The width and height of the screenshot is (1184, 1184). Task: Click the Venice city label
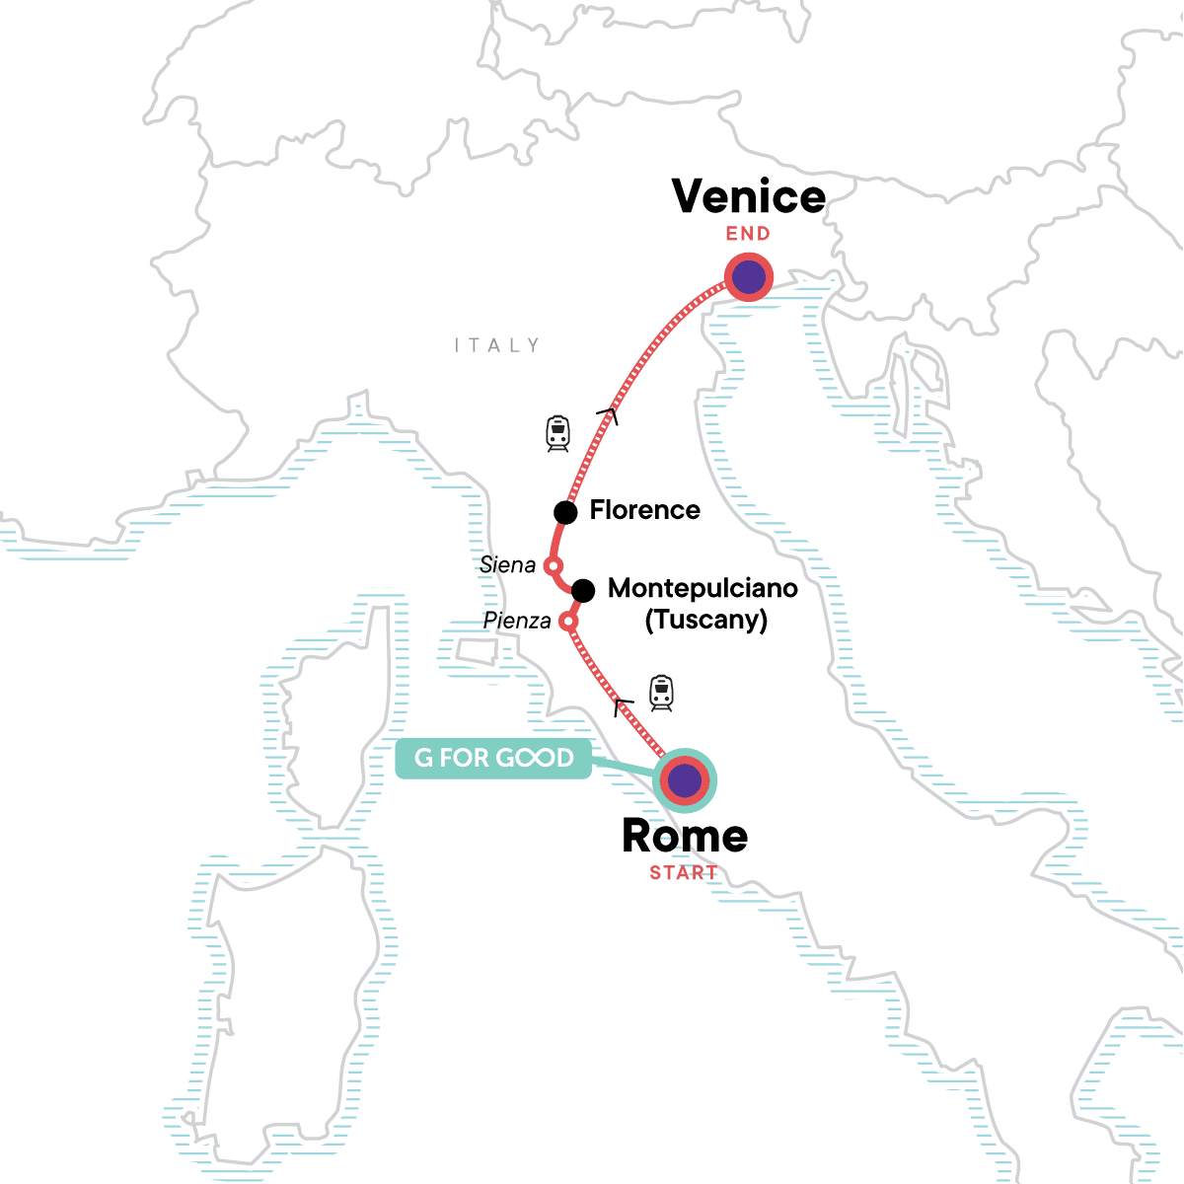tap(749, 196)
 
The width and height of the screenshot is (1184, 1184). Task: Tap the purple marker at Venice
tap(749, 277)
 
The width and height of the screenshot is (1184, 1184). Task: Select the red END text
tap(748, 234)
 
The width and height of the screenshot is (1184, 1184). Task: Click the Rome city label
tap(685, 837)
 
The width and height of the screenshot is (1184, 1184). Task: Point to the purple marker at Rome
tap(685, 781)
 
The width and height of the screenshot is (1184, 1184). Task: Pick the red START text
tap(683, 873)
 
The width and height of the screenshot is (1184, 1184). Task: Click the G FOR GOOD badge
tap(493, 758)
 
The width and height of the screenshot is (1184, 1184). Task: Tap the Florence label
tap(644, 510)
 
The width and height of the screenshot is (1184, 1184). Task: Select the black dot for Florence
tap(565, 512)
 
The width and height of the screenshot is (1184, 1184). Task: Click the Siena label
tap(507, 565)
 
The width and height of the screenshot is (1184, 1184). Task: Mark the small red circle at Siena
tap(554, 566)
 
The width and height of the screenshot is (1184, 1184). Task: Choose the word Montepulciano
tap(703, 588)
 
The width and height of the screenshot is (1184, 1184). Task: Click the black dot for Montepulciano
tap(583, 591)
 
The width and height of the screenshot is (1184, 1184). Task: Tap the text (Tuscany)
tap(705, 621)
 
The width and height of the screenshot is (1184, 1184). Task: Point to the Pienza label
tap(517, 621)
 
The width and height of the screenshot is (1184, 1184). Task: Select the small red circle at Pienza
tap(567, 622)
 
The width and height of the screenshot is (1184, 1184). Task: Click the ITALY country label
tap(497, 345)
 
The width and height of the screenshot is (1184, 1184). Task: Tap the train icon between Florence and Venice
tap(558, 433)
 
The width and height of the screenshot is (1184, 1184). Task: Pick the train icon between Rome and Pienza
tap(661, 693)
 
